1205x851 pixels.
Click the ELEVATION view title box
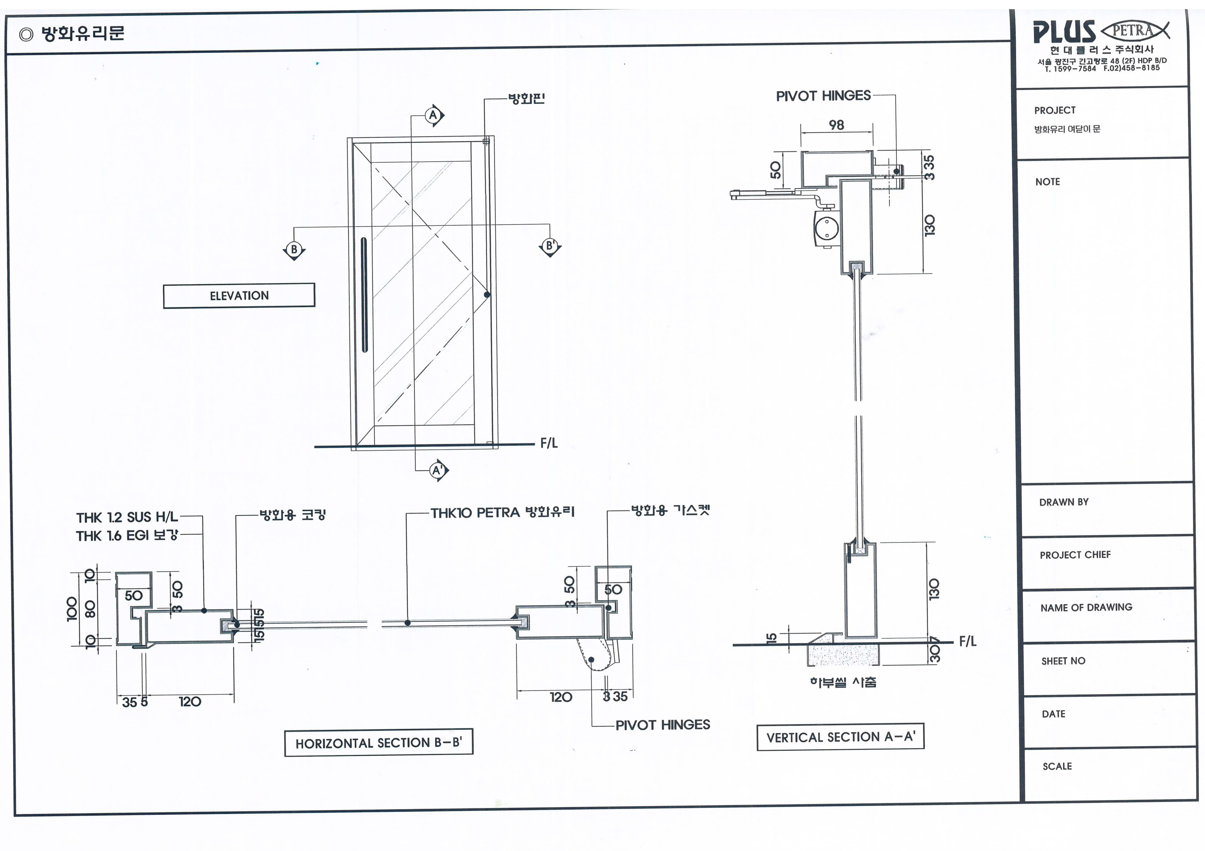click(x=239, y=296)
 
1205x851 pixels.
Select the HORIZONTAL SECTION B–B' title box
click(x=378, y=743)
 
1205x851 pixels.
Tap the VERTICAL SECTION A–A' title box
click(x=840, y=737)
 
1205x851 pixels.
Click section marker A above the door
click(x=433, y=115)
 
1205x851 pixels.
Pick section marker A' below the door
click(x=437, y=470)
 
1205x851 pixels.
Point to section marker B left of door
click(x=294, y=250)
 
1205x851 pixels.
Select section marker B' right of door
click(x=550, y=246)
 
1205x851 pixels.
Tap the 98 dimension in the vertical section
click(x=836, y=125)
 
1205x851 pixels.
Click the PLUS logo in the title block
click(x=1064, y=33)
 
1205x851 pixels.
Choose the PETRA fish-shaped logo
click(x=1135, y=30)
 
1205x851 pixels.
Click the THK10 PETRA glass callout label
click(x=502, y=512)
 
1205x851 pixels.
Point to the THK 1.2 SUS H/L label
click(x=127, y=517)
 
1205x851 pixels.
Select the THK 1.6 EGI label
click(x=127, y=535)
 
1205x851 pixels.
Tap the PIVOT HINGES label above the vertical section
click(x=823, y=96)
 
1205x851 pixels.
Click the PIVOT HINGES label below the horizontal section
click(x=662, y=725)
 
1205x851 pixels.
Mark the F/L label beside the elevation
click(x=549, y=443)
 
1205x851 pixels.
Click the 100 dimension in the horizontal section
click(x=72, y=609)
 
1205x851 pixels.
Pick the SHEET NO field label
click(x=1063, y=661)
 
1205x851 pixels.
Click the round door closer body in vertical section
click(x=826, y=229)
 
